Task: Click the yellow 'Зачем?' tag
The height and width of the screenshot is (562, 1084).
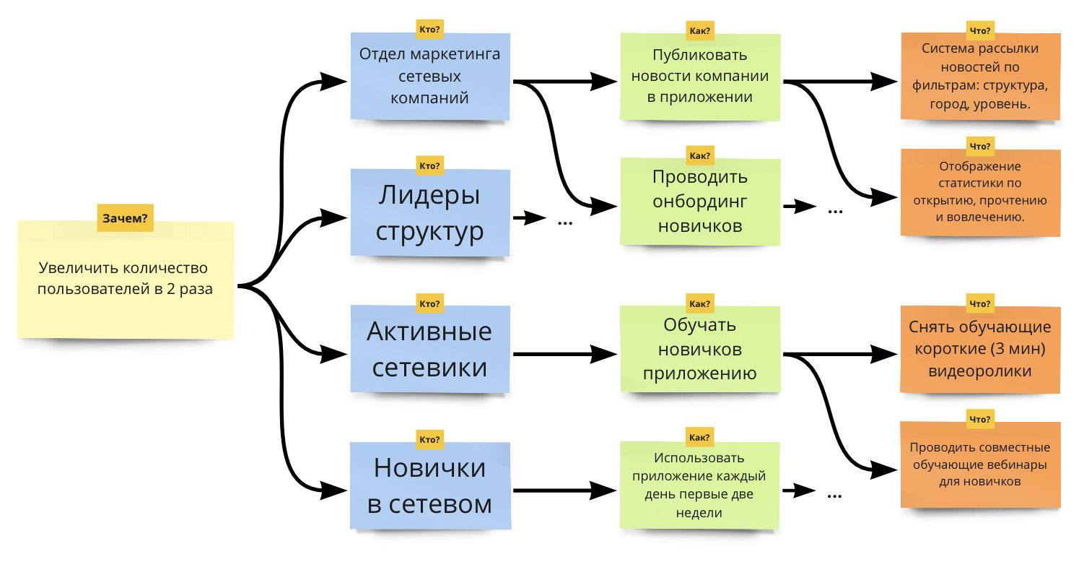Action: [126, 217]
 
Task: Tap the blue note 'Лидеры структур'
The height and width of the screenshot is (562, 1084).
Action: [430, 213]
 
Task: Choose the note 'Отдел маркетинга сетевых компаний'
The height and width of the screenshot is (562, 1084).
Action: [430, 76]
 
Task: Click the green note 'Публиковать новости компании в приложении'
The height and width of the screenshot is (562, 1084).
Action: [700, 76]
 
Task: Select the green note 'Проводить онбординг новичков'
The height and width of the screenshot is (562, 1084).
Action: [700, 202]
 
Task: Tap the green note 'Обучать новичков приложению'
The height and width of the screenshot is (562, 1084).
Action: [700, 349]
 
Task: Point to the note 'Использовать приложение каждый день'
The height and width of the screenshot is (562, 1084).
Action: [700, 485]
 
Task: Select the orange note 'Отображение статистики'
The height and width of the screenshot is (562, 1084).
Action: [980, 191]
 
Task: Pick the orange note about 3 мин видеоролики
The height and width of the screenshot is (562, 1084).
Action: [980, 350]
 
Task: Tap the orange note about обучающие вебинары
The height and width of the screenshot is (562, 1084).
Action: [980, 464]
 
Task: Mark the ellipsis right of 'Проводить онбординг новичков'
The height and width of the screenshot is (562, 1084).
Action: [835, 211]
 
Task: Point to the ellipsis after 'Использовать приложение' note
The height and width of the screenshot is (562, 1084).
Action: [835, 495]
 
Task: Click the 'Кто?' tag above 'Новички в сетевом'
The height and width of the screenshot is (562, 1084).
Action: [430, 438]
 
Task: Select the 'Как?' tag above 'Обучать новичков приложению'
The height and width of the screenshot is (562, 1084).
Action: [700, 303]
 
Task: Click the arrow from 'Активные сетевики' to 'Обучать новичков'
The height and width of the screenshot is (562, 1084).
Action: [563, 354]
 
